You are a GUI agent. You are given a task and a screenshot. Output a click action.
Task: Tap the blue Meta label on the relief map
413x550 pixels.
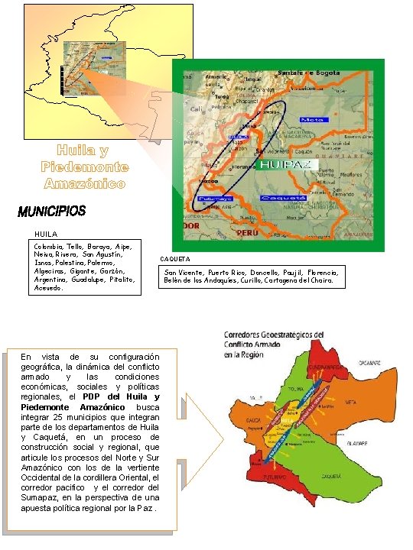(312, 120)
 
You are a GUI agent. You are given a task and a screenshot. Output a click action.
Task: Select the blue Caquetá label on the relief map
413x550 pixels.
(283, 197)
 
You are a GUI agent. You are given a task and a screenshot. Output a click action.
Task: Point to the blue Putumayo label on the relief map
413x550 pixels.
(211, 199)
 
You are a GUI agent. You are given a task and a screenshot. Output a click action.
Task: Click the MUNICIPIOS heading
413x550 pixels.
(51, 210)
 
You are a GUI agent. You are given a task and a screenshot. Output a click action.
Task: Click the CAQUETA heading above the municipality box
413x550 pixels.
(175, 260)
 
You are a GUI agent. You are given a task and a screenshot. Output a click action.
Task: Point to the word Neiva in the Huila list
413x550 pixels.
(44, 255)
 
